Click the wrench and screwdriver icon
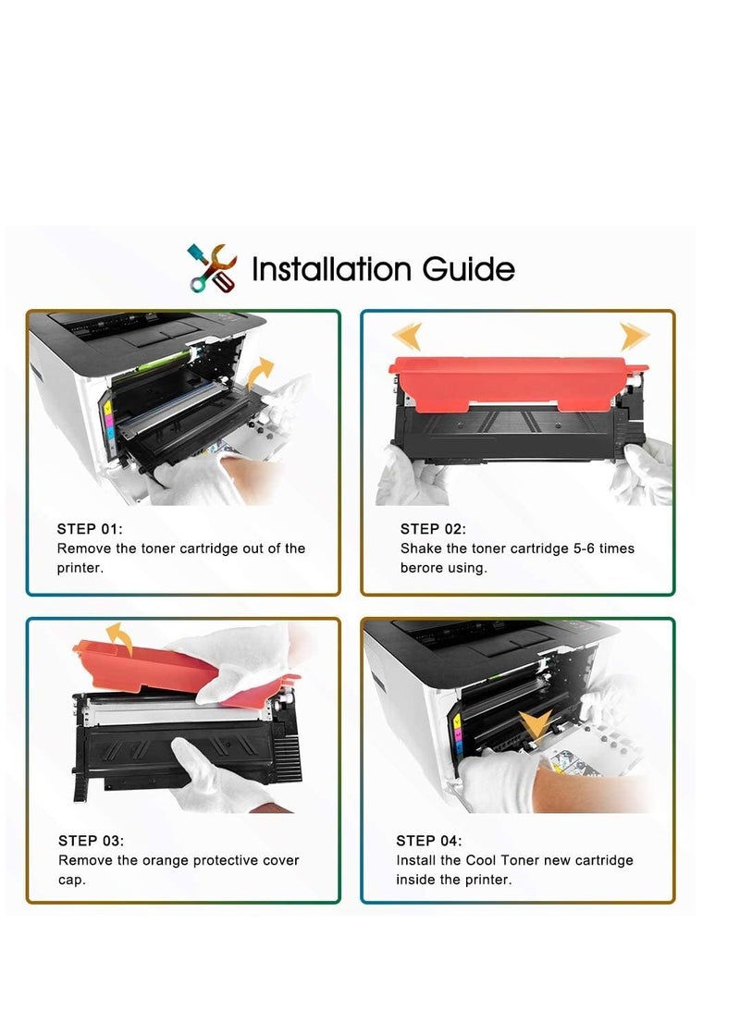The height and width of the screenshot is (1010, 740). pos(212,268)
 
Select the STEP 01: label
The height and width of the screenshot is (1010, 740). pos(90,529)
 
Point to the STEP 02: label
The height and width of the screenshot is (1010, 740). pos(433,529)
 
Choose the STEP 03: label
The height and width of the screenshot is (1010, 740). pos(91,841)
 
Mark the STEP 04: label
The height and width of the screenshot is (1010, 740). pos(429,841)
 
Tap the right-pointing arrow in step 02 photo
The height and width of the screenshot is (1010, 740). pos(635,336)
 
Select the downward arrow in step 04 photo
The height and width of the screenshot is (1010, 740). pos(536,727)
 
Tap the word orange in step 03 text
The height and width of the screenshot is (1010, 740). pos(166,860)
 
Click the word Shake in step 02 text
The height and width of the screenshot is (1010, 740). pos(421,548)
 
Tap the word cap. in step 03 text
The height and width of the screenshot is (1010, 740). pos(72,880)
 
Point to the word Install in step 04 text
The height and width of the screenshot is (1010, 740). pos(418,860)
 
